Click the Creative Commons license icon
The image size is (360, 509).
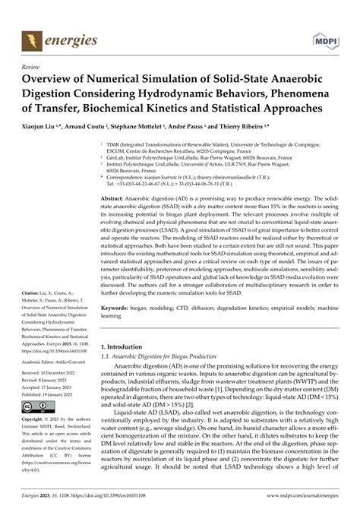click(x=39, y=407)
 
